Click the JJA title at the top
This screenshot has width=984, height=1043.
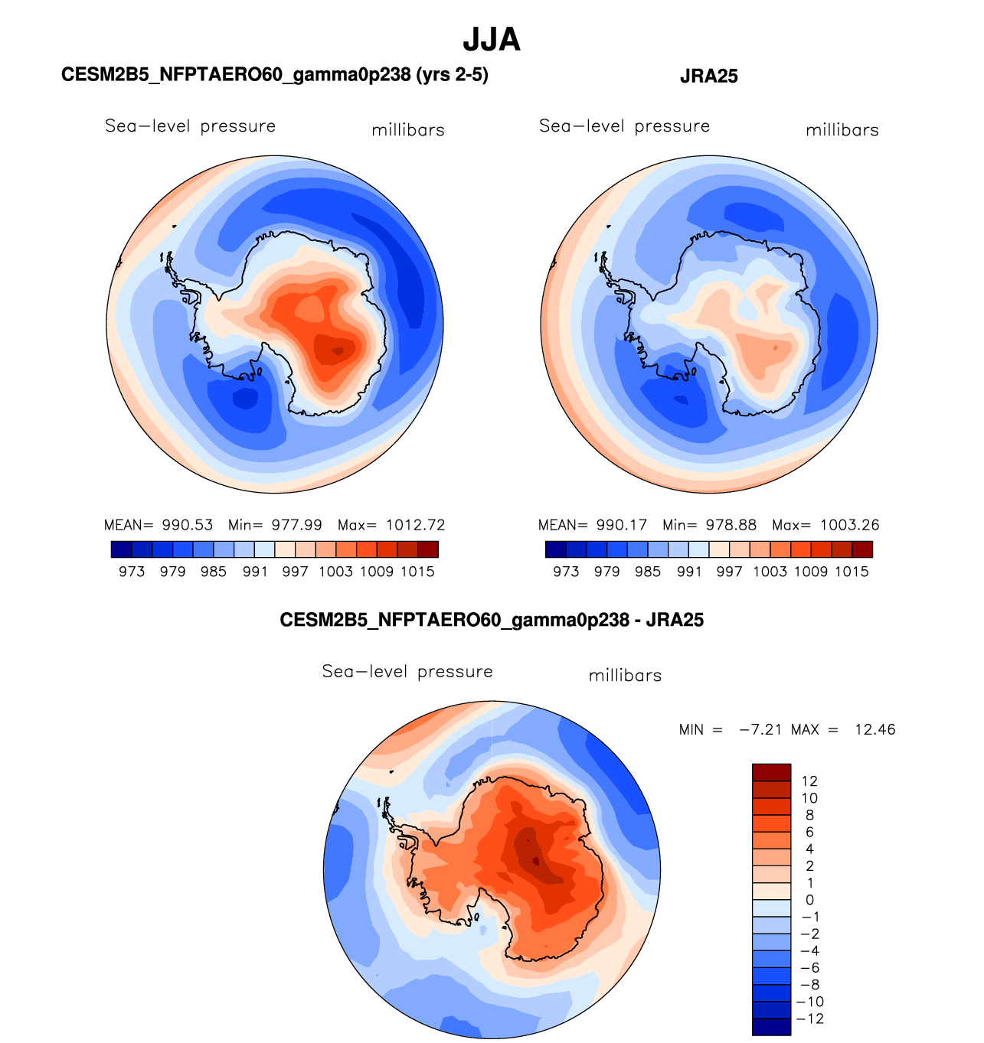click(x=492, y=40)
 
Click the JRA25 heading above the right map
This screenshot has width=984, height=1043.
click(x=708, y=76)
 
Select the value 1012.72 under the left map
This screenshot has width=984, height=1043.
click(x=415, y=525)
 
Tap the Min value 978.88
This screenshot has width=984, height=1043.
click(x=730, y=525)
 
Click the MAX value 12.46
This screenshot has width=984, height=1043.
click(x=874, y=729)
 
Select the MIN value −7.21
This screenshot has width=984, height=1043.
click(x=760, y=729)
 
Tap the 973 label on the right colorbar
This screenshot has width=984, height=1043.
click(x=566, y=572)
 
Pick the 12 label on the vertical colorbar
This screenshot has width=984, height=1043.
click(x=809, y=781)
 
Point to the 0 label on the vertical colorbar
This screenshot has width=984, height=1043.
click(x=809, y=900)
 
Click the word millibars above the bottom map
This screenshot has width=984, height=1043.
click(x=625, y=676)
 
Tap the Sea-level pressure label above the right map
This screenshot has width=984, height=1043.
click(x=624, y=126)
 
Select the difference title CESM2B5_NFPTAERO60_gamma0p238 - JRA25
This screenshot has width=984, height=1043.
click(x=492, y=620)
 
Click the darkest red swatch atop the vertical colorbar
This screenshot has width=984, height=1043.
click(x=771, y=772)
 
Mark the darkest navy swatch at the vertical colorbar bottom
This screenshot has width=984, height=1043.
click(x=771, y=1027)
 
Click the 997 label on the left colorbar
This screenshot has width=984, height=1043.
click(x=295, y=572)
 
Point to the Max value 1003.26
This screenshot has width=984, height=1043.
click(x=849, y=525)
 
